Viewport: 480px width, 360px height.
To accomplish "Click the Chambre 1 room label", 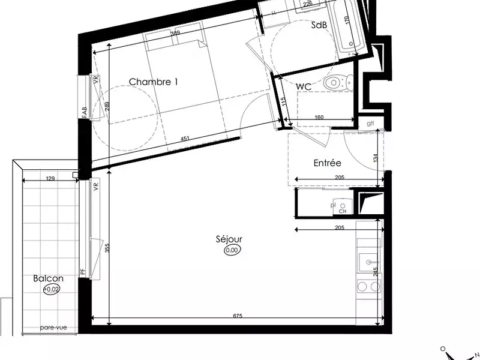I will point(154,82).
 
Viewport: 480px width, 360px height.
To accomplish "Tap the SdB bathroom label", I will point(319,25).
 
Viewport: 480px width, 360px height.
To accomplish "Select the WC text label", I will point(304,87).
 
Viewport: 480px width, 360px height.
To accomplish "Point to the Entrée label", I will point(327,163).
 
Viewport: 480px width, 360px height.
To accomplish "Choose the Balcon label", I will point(48,279).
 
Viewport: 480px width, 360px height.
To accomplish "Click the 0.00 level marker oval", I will point(232,250).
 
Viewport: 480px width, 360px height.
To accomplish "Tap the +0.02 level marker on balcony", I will point(52,289).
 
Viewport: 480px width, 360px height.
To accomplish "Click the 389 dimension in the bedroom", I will point(175,34).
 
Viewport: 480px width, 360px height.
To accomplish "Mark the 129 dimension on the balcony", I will point(50,178).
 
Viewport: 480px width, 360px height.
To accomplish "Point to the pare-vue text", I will point(53,328).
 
